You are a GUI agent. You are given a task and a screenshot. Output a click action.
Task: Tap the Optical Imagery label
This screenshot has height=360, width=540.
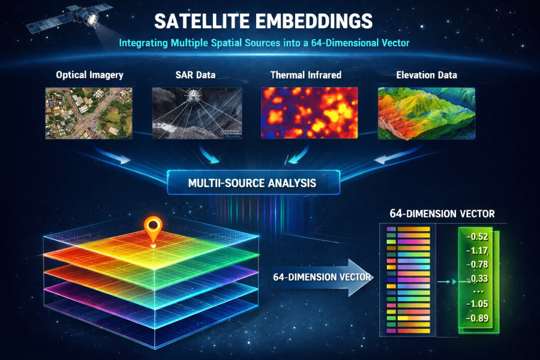click(89, 75)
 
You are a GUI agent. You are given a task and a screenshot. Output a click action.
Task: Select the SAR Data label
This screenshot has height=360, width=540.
click(195, 75)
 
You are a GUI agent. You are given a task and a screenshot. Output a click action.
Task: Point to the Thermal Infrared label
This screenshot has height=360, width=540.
click(306, 75)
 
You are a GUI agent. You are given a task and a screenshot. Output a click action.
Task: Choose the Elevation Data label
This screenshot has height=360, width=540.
click(427, 75)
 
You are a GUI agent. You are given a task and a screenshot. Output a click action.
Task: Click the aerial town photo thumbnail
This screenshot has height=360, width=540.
click(89, 113)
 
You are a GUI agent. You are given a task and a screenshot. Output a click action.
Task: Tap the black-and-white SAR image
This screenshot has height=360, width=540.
click(197, 113)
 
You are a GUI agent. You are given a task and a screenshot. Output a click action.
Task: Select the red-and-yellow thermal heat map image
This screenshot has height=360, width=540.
click(309, 113)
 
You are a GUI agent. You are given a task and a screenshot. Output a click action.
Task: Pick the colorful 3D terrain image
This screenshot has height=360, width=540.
click(427, 113)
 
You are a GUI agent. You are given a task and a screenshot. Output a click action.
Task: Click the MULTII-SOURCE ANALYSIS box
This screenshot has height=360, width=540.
click(253, 182)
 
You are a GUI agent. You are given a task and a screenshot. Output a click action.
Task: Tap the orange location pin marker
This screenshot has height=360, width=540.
click(153, 232)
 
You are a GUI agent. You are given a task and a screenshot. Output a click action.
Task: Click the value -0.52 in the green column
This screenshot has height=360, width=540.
click(477, 236)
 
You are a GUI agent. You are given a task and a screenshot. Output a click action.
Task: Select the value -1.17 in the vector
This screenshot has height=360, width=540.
click(477, 250)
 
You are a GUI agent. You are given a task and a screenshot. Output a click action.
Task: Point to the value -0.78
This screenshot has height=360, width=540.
click(477, 265)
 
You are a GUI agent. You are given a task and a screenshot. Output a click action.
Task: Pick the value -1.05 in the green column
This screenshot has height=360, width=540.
click(477, 304)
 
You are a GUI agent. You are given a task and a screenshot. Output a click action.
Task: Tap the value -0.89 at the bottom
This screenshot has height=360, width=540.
click(477, 318)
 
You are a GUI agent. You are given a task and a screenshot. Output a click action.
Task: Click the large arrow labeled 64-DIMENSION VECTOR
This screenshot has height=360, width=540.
click(322, 277)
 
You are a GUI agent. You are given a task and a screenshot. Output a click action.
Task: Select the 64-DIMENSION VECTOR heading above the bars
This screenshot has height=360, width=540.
click(442, 214)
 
